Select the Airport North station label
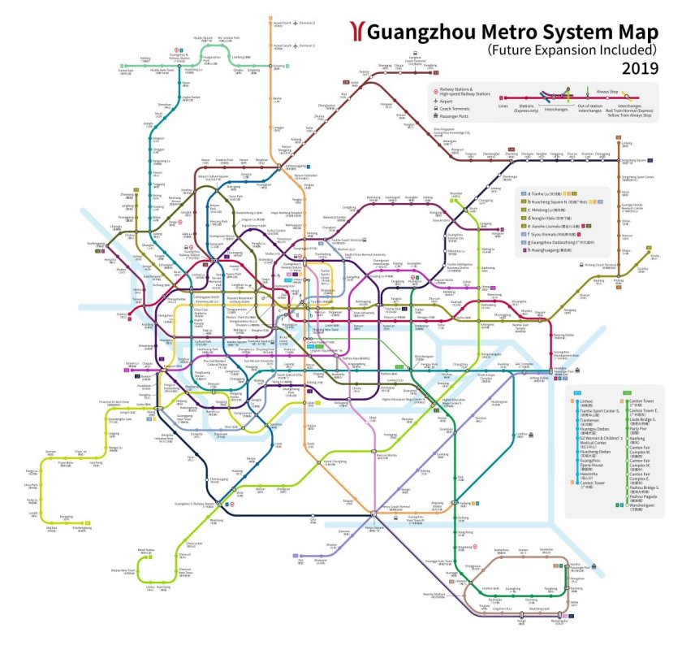[283, 23]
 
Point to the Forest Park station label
[125, 71]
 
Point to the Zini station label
[300, 560]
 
